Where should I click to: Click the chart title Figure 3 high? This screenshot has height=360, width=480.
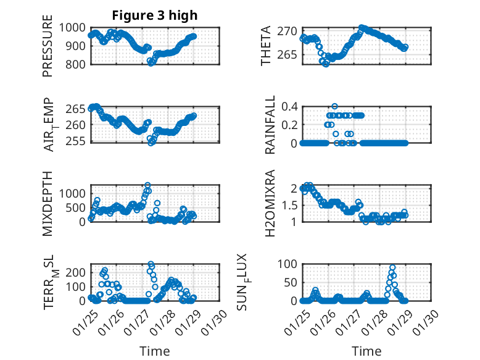155,15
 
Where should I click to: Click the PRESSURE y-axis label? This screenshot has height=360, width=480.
48,49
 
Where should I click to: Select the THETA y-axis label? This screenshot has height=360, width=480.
266,46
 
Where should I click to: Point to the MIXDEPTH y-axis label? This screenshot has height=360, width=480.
48,203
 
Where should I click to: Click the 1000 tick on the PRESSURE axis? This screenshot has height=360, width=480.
75,28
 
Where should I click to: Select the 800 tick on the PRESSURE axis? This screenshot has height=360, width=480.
78,64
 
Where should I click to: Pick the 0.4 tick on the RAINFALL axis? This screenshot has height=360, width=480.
290,106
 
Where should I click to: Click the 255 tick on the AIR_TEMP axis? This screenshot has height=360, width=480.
78,141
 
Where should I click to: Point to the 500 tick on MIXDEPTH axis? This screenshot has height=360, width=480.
78,207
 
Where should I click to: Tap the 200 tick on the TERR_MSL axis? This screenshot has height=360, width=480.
78,272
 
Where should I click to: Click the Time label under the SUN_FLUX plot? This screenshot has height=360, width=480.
366,351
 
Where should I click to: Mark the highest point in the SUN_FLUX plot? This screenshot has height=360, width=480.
392,268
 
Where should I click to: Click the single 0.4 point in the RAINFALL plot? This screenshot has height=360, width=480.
335,106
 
